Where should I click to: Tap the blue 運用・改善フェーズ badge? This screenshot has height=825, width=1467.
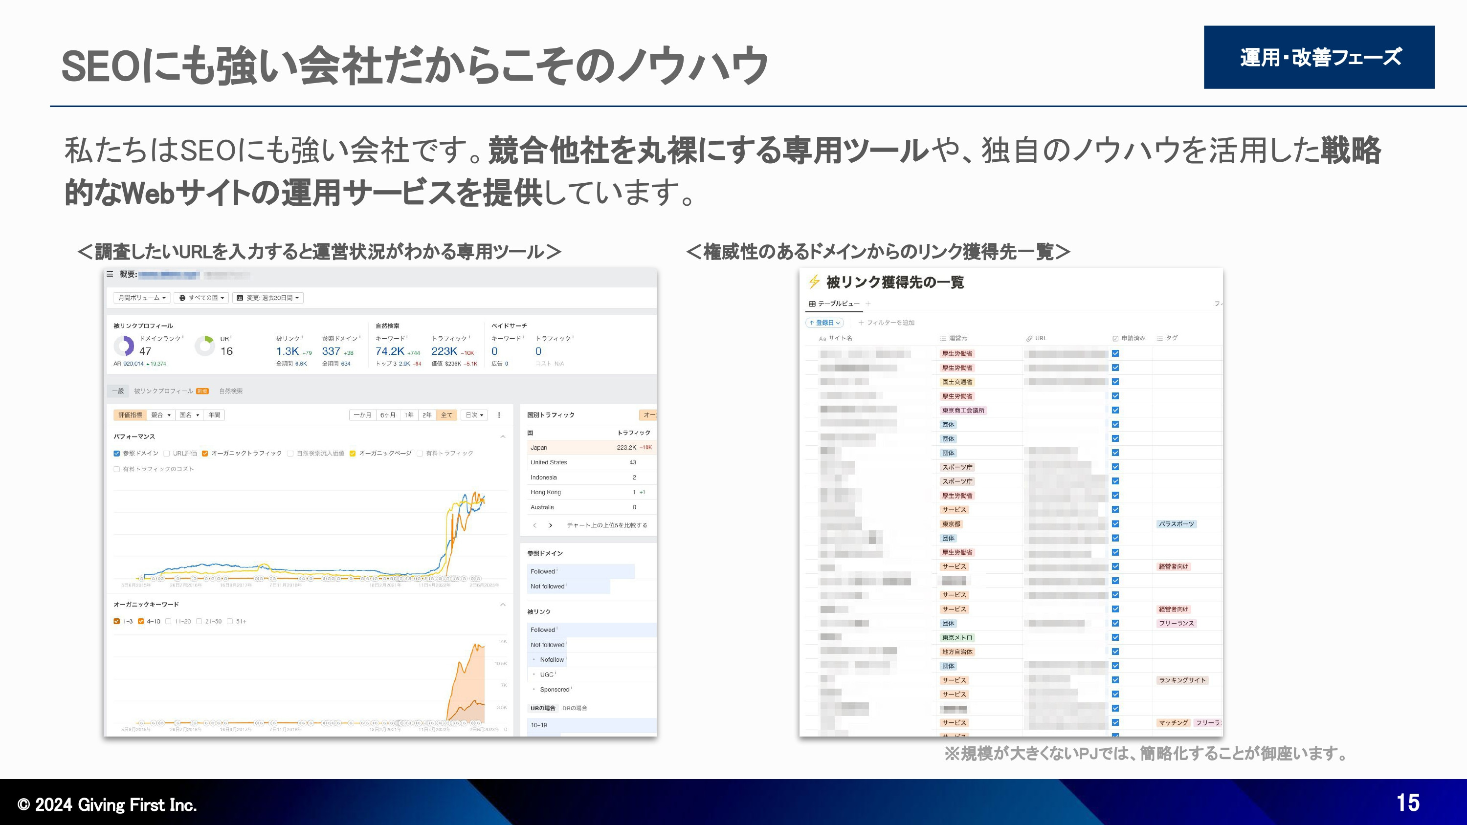point(1318,57)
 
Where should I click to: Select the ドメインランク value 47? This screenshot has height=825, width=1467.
point(145,351)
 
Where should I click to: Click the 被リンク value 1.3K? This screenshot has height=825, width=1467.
point(287,351)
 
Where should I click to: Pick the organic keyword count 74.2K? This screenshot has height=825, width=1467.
point(390,351)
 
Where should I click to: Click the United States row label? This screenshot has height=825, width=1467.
point(549,462)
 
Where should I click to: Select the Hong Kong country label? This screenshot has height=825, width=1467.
point(546,492)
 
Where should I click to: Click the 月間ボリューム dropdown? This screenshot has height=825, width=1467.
point(141,298)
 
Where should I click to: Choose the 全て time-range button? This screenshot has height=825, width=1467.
point(446,415)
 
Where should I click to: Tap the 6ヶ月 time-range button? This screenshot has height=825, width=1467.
point(388,415)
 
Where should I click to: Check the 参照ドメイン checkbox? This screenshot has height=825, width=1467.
point(117,454)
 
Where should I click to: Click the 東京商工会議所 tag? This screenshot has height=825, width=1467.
point(962,411)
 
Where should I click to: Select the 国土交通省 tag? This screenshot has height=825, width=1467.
point(957,382)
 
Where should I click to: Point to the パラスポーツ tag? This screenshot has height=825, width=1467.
point(1176,524)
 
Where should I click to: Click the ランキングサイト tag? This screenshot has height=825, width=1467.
point(1182,680)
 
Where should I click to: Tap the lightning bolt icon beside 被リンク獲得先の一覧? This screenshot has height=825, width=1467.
point(814,282)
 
